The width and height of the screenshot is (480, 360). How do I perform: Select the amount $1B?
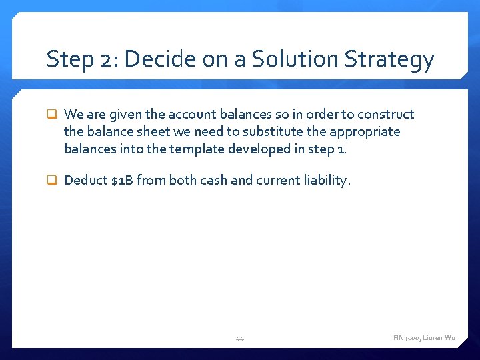click(123, 180)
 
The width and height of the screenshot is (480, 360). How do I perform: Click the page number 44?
click(240, 339)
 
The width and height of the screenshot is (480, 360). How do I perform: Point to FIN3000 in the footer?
click(407, 339)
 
